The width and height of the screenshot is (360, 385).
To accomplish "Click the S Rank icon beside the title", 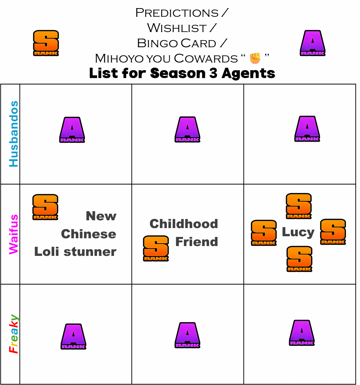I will click(x=46, y=43).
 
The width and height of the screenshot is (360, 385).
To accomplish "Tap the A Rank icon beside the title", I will click(x=312, y=43).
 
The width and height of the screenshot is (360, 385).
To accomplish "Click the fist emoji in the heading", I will click(x=255, y=58).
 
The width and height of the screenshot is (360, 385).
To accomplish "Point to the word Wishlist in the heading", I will click(x=177, y=28).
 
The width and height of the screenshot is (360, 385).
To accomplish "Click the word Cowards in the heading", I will click(x=206, y=59).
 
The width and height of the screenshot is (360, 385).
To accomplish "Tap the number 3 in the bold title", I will click(x=213, y=73).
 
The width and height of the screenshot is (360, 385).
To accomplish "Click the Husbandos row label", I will click(x=14, y=134).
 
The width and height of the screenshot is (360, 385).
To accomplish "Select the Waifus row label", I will click(x=14, y=234).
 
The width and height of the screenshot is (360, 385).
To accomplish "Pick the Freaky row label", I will click(x=14, y=334).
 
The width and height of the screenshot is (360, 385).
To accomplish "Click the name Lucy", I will click(x=298, y=232).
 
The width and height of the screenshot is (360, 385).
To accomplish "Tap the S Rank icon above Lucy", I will click(x=299, y=206).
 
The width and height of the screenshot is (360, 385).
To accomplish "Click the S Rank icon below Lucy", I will click(x=299, y=259).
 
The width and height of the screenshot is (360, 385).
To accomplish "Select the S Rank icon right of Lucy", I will click(x=333, y=232).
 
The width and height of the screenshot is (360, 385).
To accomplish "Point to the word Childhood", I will click(x=184, y=224).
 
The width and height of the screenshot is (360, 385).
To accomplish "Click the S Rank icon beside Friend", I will click(x=156, y=248).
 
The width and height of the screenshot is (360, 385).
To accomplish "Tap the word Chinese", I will click(x=89, y=234).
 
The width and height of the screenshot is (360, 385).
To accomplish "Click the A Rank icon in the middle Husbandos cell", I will click(x=187, y=129).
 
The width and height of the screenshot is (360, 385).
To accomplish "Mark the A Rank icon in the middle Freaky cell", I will click(x=187, y=335).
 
